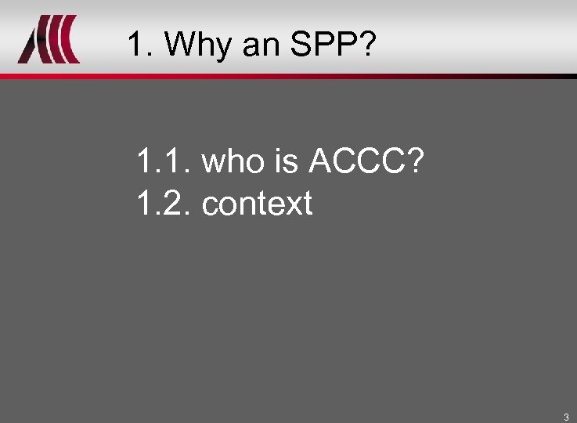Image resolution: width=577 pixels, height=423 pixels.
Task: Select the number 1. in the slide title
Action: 139,45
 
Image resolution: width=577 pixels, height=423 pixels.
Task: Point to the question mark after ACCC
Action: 414,163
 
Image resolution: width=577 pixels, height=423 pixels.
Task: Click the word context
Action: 257,204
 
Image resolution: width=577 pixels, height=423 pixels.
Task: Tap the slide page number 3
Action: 566,416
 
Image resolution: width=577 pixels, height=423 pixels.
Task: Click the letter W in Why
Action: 179,45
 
